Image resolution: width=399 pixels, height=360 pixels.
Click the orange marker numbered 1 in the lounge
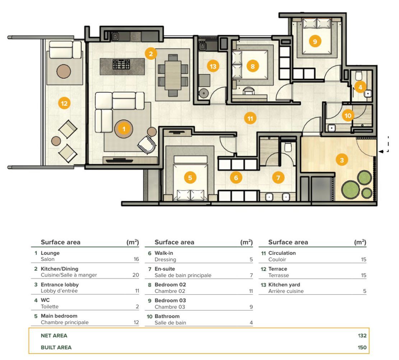tap(124, 129)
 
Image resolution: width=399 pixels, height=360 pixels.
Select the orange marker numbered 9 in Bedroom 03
tap(315, 42)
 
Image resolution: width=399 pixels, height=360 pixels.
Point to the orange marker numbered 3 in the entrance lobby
tap(342, 160)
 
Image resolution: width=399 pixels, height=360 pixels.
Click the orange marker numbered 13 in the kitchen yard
tap(213, 66)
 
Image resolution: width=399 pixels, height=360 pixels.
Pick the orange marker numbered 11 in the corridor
tap(250, 118)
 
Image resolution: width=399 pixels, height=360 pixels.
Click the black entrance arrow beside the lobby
tap(381, 151)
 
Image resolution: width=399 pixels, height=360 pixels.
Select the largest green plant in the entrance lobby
tap(350, 189)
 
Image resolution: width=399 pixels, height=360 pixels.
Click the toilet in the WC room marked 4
tap(358, 76)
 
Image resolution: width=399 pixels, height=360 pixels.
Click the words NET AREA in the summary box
tap(54, 336)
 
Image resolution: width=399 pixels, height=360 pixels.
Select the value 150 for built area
tap(362, 347)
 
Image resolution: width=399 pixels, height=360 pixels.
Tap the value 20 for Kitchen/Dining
tap(135, 275)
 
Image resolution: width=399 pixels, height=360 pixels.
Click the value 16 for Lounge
tap(136, 259)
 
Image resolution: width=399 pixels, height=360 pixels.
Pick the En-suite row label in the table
tap(165, 269)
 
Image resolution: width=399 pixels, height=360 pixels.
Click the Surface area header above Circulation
tap(288, 242)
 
